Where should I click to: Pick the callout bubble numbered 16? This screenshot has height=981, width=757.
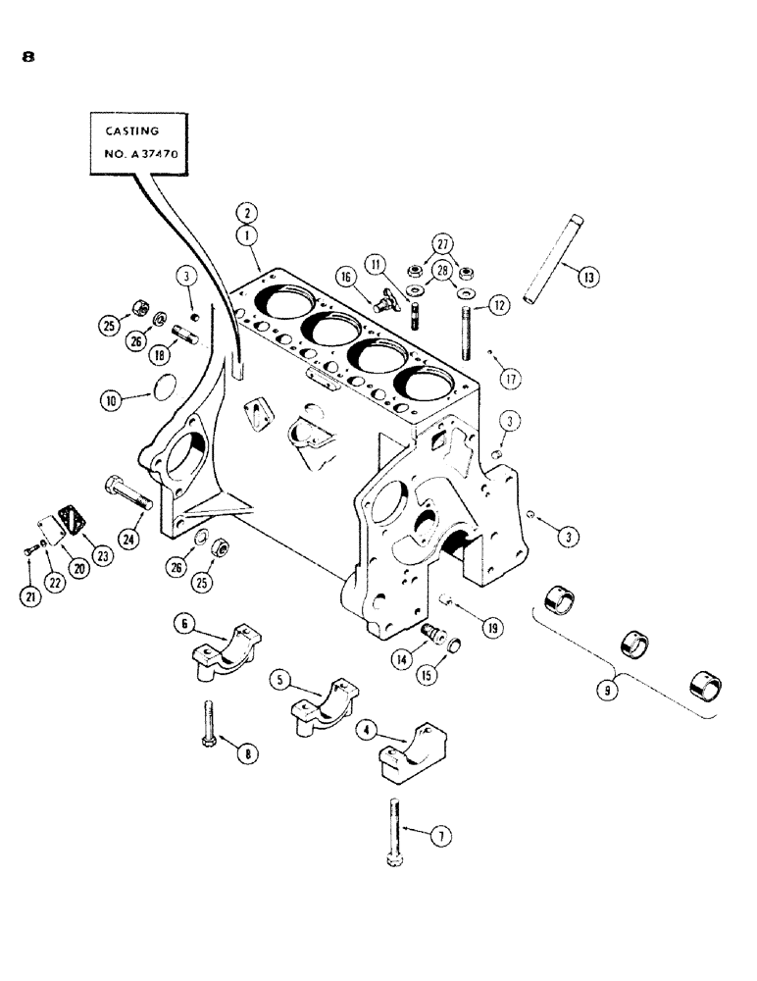coord(346,279)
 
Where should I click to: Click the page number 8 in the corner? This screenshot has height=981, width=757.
coord(27,57)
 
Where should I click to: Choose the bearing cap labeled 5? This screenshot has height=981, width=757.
coord(321,703)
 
